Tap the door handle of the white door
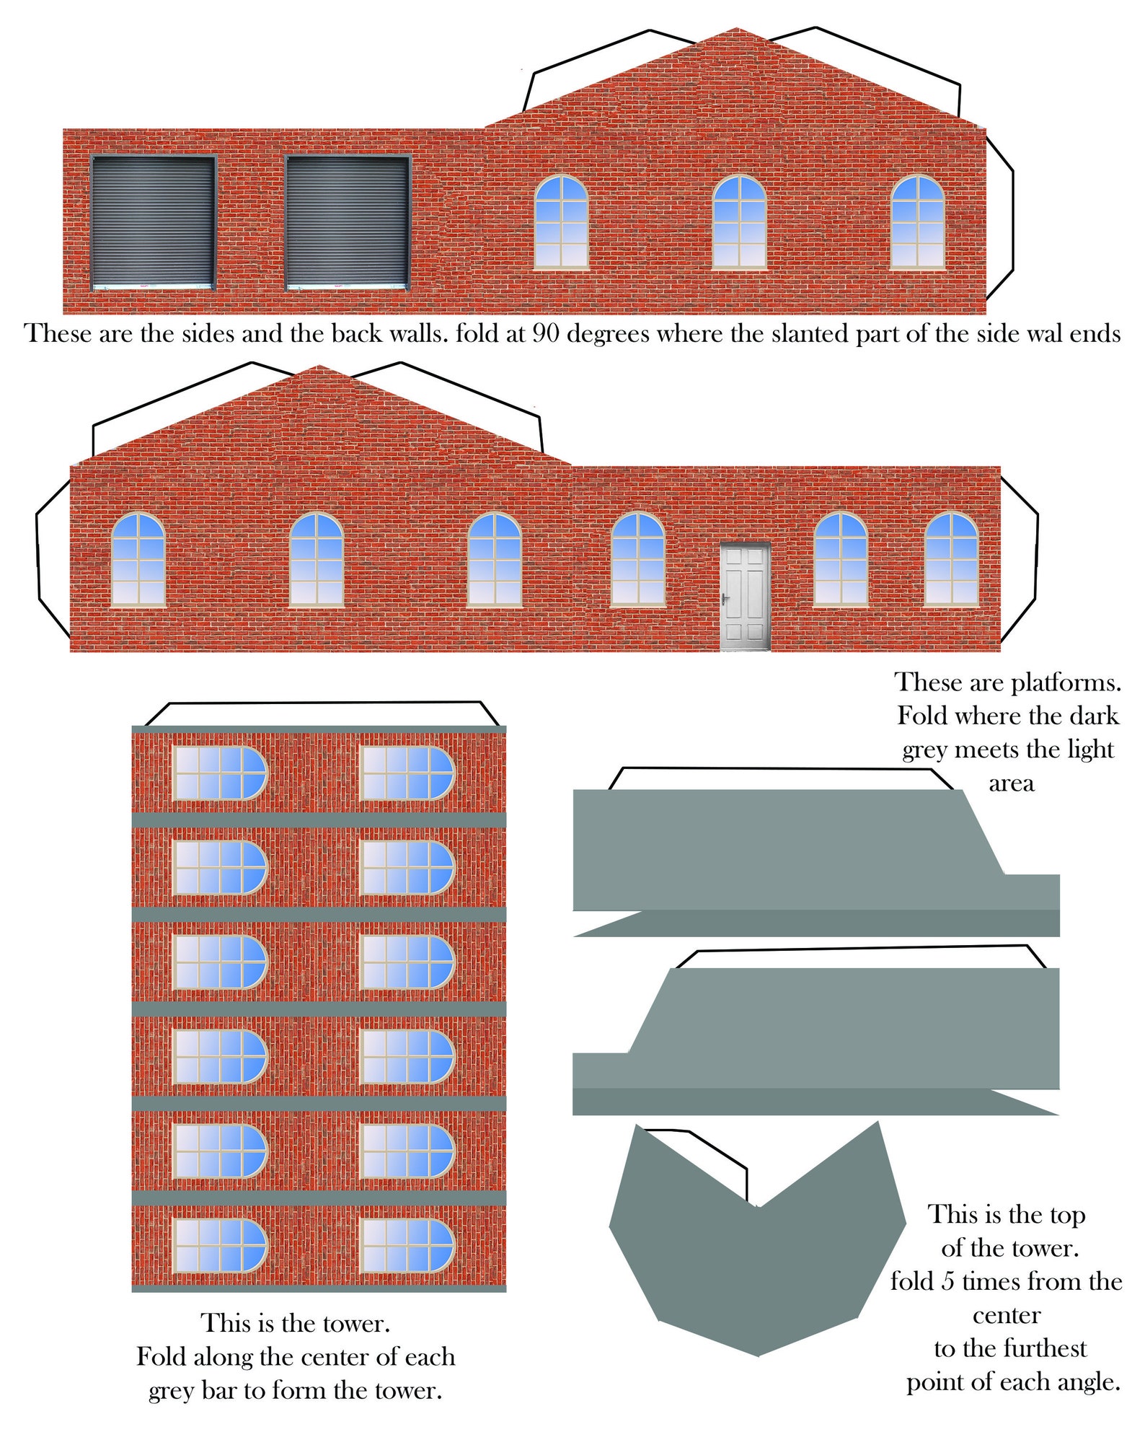(x=725, y=599)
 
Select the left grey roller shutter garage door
(x=153, y=222)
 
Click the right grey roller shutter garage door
(x=348, y=222)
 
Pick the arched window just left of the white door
(x=638, y=559)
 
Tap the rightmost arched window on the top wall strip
(x=917, y=222)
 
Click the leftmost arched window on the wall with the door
(x=138, y=559)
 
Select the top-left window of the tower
(x=220, y=773)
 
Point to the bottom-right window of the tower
(x=407, y=1246)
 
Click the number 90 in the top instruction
(x=547, y=333)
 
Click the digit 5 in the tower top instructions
(x=948, y=1281)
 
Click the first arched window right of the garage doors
(x=561, y=222)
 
